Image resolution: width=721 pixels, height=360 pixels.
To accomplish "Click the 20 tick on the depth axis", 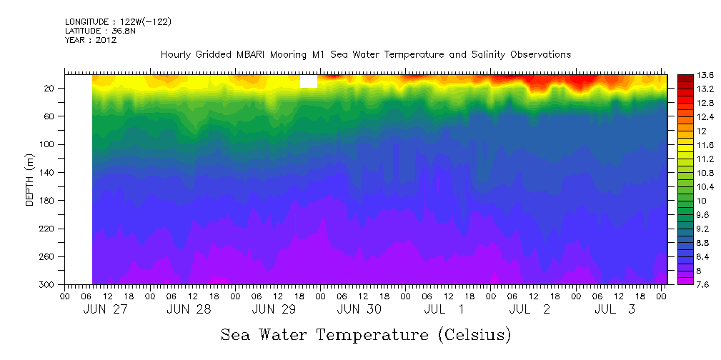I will tap(50, 89).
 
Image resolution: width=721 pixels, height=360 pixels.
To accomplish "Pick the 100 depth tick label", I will tap(48, 144).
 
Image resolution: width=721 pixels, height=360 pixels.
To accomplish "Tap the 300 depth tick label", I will tap(48, 285).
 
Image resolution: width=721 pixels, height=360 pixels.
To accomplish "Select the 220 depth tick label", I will tap(48, 229).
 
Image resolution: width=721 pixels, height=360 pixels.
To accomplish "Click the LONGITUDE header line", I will tap(117, 22).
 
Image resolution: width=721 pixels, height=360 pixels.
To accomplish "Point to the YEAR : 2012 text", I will tap(90, 40).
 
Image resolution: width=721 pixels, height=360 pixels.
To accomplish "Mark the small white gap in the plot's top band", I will tap(308, 81).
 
